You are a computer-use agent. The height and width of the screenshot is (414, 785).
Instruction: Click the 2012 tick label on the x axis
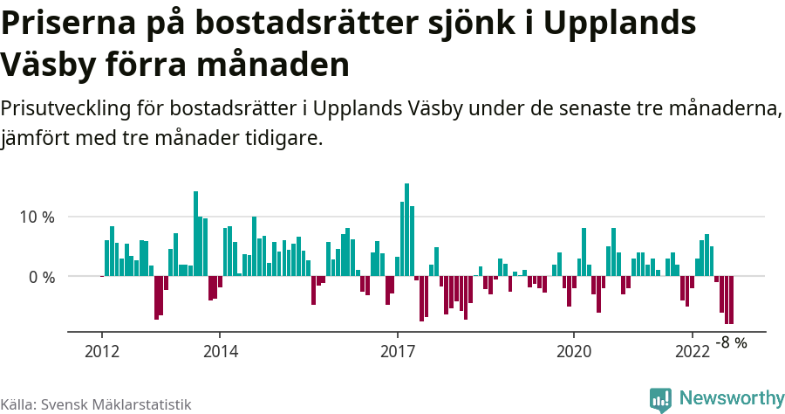pos(101,351)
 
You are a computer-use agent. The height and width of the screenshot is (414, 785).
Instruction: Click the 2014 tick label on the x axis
pos(220,351)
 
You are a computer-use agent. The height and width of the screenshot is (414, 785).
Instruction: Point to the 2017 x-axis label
pos(398,351)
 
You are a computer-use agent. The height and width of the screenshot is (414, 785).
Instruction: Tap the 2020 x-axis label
pos(574,351)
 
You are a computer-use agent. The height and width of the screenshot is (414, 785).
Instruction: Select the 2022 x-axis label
pos(693,351)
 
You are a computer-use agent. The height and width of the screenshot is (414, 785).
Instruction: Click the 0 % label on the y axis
pos(42,277)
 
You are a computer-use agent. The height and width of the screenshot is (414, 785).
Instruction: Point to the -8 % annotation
pos(731,343)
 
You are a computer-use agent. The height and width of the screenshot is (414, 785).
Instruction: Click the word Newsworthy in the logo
pos(733,398)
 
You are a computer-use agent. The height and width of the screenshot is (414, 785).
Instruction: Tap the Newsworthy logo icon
pos(660,399)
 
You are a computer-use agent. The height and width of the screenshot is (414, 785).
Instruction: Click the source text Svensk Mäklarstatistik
pos(116,405)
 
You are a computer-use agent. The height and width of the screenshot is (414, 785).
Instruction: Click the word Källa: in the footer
pos(18,405)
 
